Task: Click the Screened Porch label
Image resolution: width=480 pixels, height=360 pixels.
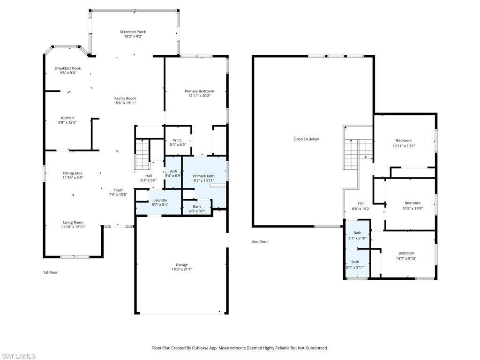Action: click(x=133, y=32)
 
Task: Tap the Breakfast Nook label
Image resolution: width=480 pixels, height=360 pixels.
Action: click(x=68, y=68)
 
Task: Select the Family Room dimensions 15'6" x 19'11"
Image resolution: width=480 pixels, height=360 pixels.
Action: click(x=125, y=103)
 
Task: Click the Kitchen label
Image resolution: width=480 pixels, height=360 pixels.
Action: click(x=67, y=118)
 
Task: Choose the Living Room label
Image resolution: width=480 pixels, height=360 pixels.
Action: click(x=73, y=223)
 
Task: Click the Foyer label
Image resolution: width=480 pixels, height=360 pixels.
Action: click(x=118, y=190)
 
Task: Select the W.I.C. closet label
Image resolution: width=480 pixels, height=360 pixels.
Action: click(x=178, y=140)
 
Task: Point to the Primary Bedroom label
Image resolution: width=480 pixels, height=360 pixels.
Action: click(x=199, y=91)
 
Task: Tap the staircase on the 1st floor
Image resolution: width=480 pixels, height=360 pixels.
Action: click(x=142, y=154)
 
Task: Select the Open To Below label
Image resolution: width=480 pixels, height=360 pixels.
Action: click(x=306, y=139)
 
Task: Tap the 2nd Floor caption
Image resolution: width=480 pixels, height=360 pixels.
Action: click(x=260, y=242)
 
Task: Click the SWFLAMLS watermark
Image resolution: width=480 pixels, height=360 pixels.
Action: click(x=18, y=356)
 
